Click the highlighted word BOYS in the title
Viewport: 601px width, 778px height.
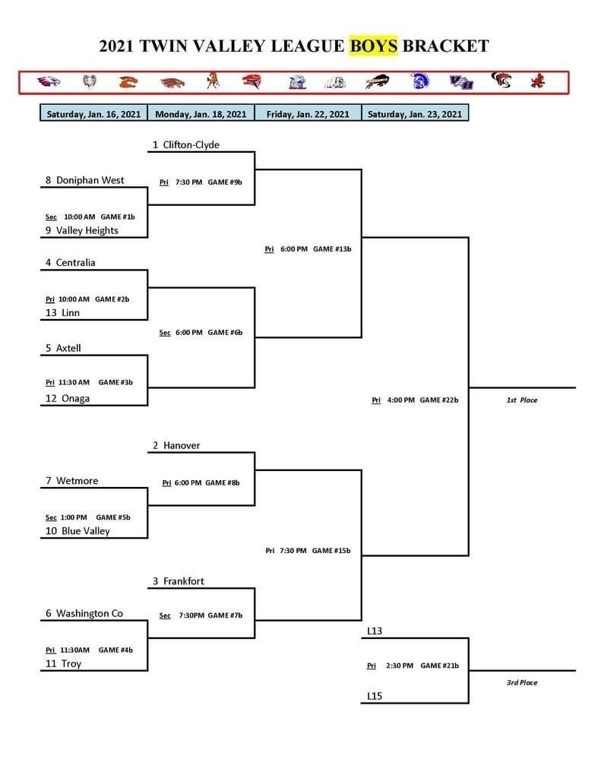pyautogui.click(x=374, y=46)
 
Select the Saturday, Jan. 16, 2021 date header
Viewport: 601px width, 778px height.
pyautogui.click(x=93, y=114)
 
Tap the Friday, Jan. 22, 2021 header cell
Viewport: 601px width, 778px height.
pyautogui.click(x=308, y=114)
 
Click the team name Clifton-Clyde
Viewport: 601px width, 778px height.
pyautogui.click(x=191, y=144)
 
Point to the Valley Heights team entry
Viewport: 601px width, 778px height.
pyautogui.click(x=87, y=230)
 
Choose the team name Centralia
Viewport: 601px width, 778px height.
pyautogui.click(x=75, y=262)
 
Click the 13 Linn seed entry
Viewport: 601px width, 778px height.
pyautogui.click(x=62, y=312)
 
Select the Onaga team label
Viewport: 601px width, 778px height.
pyautogui.click(x=75, y=398)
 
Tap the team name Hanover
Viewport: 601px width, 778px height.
pyautogui.click(x=182, y=445)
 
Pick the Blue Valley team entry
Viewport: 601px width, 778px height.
pyautogui.click(x=85, y=531)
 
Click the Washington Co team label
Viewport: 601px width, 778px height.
pyautogui.click(x=90, y=613)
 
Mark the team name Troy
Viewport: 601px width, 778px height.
pyautogui.click(x=71, y=663)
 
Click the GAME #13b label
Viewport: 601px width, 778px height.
pyautogui.click(x=332, y=248)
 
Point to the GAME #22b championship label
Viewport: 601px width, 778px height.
pyautogui.click(x=439, y=400)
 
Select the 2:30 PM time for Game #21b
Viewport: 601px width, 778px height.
pyautogui.click(x=400, y=666)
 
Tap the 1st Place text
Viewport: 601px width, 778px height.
pyautogui.click(x=521, y=400)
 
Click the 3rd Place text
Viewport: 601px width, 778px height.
pyautogui.click(x=521, y=682)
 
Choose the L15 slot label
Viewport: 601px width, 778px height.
pyautogui.click(x=375, y=696)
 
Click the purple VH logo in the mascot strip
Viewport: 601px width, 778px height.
pyautogui.click(x=461, y=82)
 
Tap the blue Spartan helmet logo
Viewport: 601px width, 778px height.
pyautogui.click(x=419, y=81)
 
